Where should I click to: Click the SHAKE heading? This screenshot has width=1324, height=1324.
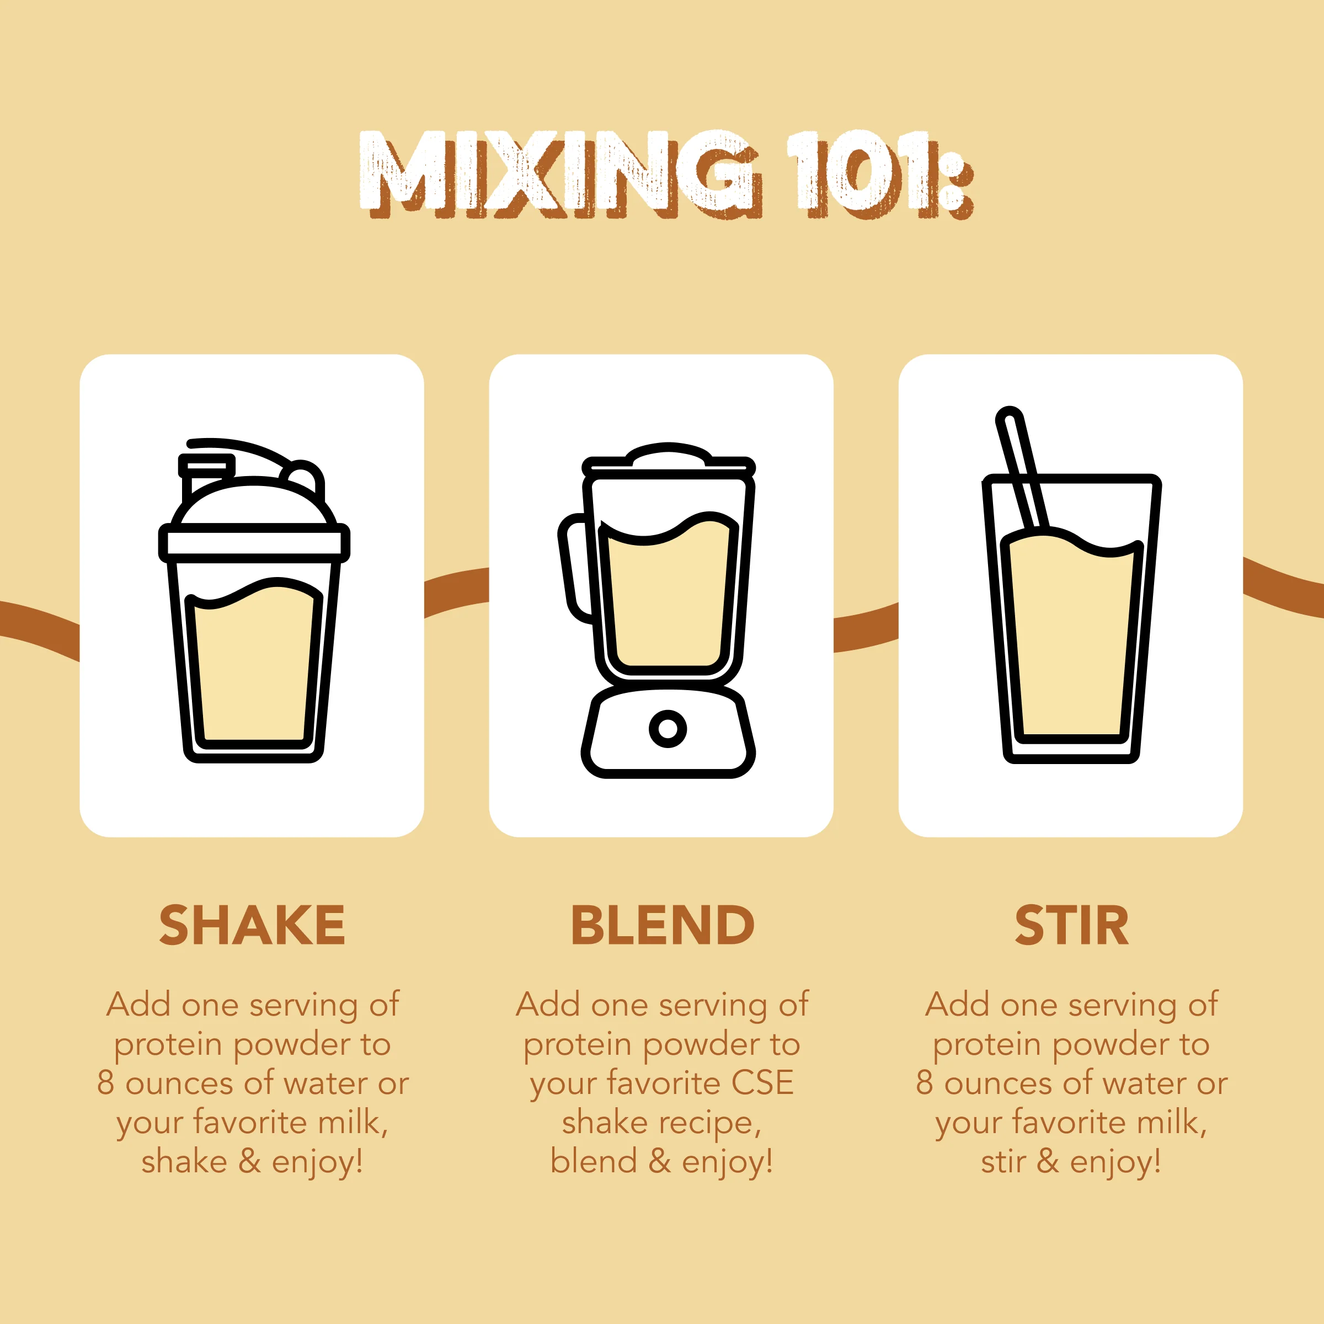tap(252, 925)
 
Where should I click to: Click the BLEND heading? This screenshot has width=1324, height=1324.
tap(662, 925)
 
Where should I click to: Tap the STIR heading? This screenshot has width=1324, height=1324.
tap(1071, 925)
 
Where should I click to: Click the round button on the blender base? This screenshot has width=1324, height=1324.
tap(668, 728)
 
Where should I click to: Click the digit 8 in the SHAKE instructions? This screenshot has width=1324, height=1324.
tap(105, 1083)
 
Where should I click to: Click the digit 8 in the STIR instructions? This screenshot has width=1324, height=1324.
tap(925, 1083)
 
